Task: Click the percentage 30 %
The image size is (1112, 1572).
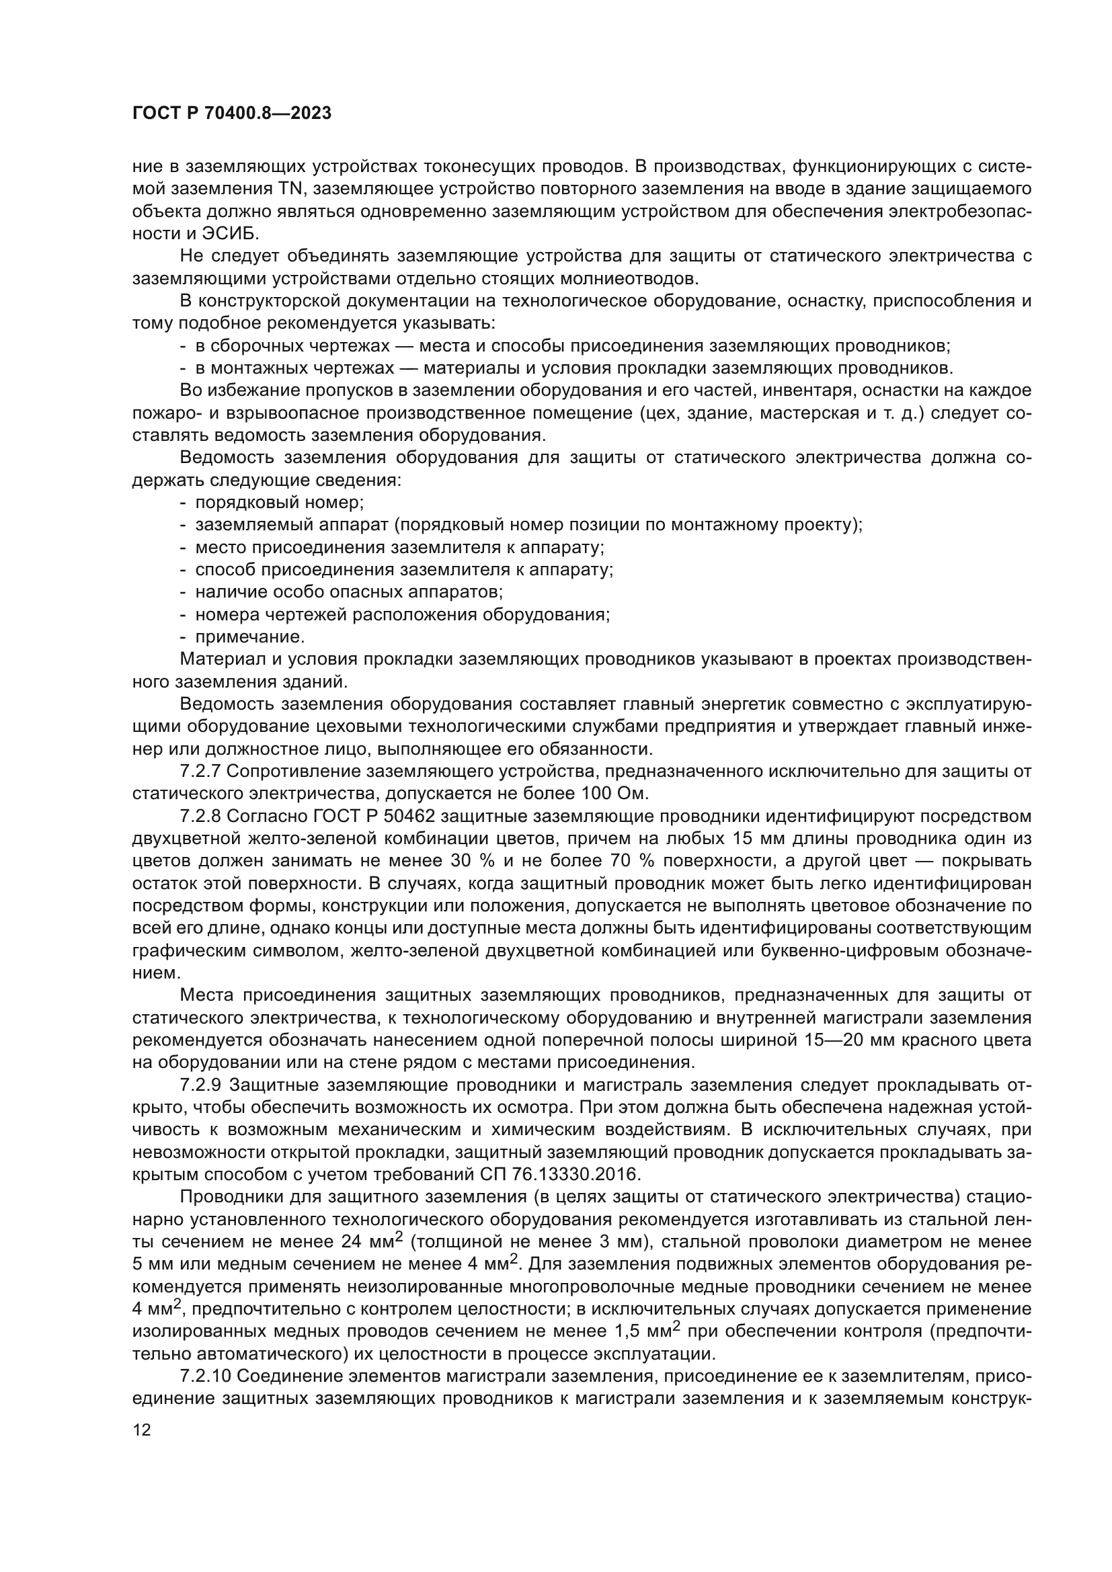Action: (470, 861)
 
